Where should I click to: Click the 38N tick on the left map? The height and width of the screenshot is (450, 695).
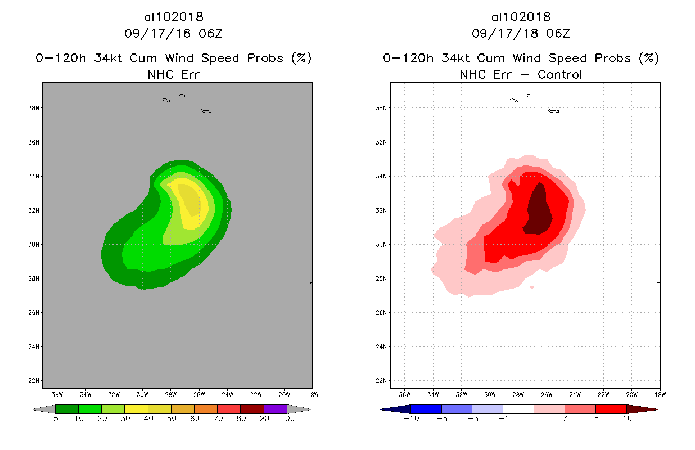[35, 108]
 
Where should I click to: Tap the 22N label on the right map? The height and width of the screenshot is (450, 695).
[383, 381]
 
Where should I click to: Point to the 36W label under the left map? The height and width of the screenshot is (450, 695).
[57, 394]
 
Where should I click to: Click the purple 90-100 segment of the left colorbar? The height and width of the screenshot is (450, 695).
[276, 409]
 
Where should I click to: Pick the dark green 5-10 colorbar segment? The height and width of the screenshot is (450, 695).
[67, 409]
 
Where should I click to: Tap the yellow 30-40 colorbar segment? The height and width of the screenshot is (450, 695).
[136, 409]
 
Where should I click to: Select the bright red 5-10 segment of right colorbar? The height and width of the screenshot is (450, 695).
[611, 409]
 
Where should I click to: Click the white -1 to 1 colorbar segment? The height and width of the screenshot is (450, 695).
[518, 409]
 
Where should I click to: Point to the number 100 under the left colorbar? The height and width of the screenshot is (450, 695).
[287, 419]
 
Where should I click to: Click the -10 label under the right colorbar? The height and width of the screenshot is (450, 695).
[410, 419]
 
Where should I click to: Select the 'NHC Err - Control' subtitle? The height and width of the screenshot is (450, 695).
[521, 74]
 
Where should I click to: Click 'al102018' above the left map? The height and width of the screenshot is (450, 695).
[173, 17]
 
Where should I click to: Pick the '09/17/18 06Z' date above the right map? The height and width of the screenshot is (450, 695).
[521, 34]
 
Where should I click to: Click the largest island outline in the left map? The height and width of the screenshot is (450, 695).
[206, 111]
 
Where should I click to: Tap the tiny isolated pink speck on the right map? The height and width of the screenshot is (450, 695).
[532, 287]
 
